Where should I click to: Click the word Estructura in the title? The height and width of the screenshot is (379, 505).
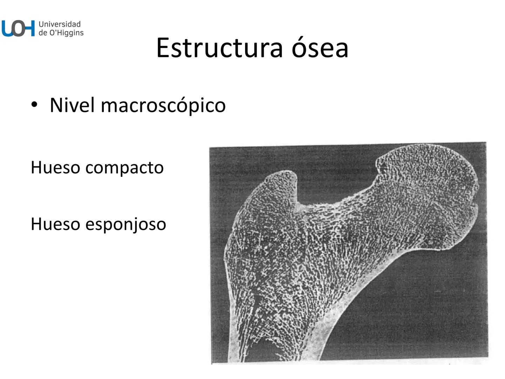click(219, 48)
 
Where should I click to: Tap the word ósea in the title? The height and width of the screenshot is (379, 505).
click(320, 48)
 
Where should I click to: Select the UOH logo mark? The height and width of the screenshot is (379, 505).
click(18, 28)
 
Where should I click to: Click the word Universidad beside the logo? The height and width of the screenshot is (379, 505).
click(60, 24)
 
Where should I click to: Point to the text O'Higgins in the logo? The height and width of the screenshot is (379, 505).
click(66, 33)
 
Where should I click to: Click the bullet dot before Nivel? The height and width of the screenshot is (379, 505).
click(34, 105)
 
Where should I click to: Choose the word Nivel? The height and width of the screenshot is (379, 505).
click(72, 105)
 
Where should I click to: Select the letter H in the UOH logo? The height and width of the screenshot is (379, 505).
click(29, 28)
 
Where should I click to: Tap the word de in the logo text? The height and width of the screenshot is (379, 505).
click(43, 33)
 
